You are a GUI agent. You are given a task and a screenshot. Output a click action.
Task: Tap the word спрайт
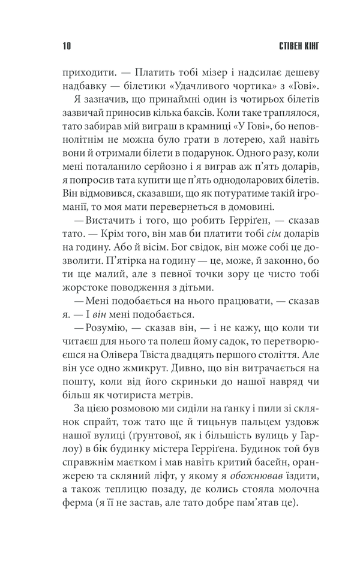point(82,435)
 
